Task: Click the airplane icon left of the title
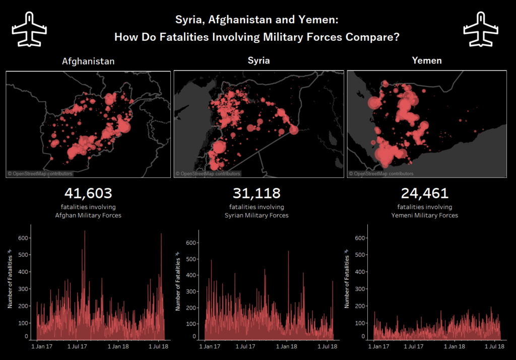(x=29, y=29)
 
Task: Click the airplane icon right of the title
(x=480, y=29)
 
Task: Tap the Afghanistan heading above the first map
(x=88, y=61)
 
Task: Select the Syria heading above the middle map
(x=259, y=60)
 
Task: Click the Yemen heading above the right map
(x=427, y=60)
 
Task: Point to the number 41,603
(x=88, y=193)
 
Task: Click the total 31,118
(x=256, y=193)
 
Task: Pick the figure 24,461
(x=425, y=193)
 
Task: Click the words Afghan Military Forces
(x=88, y=215)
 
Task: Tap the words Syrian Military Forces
(x=256, y=215)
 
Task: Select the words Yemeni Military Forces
(x=425, y=215)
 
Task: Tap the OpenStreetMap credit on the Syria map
(x=208, y=174)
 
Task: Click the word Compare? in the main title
(x=372, y=37)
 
